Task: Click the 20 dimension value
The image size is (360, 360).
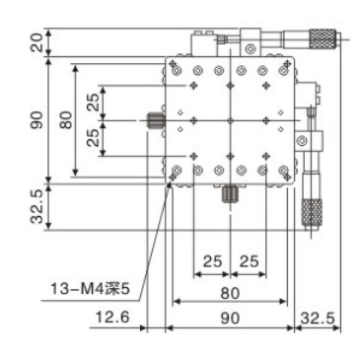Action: coord(36,42)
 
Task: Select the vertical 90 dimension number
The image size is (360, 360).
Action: coord(36,120)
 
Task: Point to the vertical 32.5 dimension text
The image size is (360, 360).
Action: coord(36,207)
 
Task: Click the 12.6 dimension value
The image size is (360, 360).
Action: coord(112,318)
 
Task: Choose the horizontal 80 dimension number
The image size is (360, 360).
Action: coord(230,293)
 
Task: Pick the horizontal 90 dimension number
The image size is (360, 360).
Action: coord(230,319)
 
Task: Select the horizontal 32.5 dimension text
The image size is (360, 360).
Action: coord(318,319)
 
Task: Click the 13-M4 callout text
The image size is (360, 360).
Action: coord(90,290)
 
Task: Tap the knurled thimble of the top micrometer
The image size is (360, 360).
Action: coord(323,39)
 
